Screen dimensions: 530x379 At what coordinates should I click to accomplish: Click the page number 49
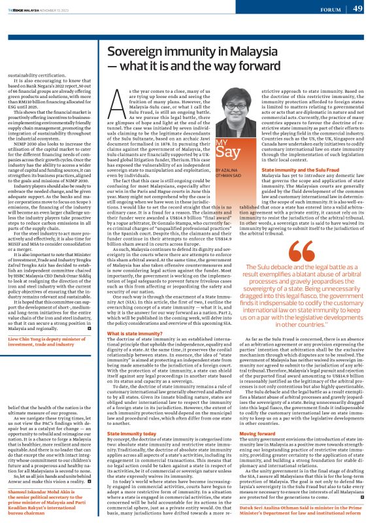pyautogui.click(x=357, y=8)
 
